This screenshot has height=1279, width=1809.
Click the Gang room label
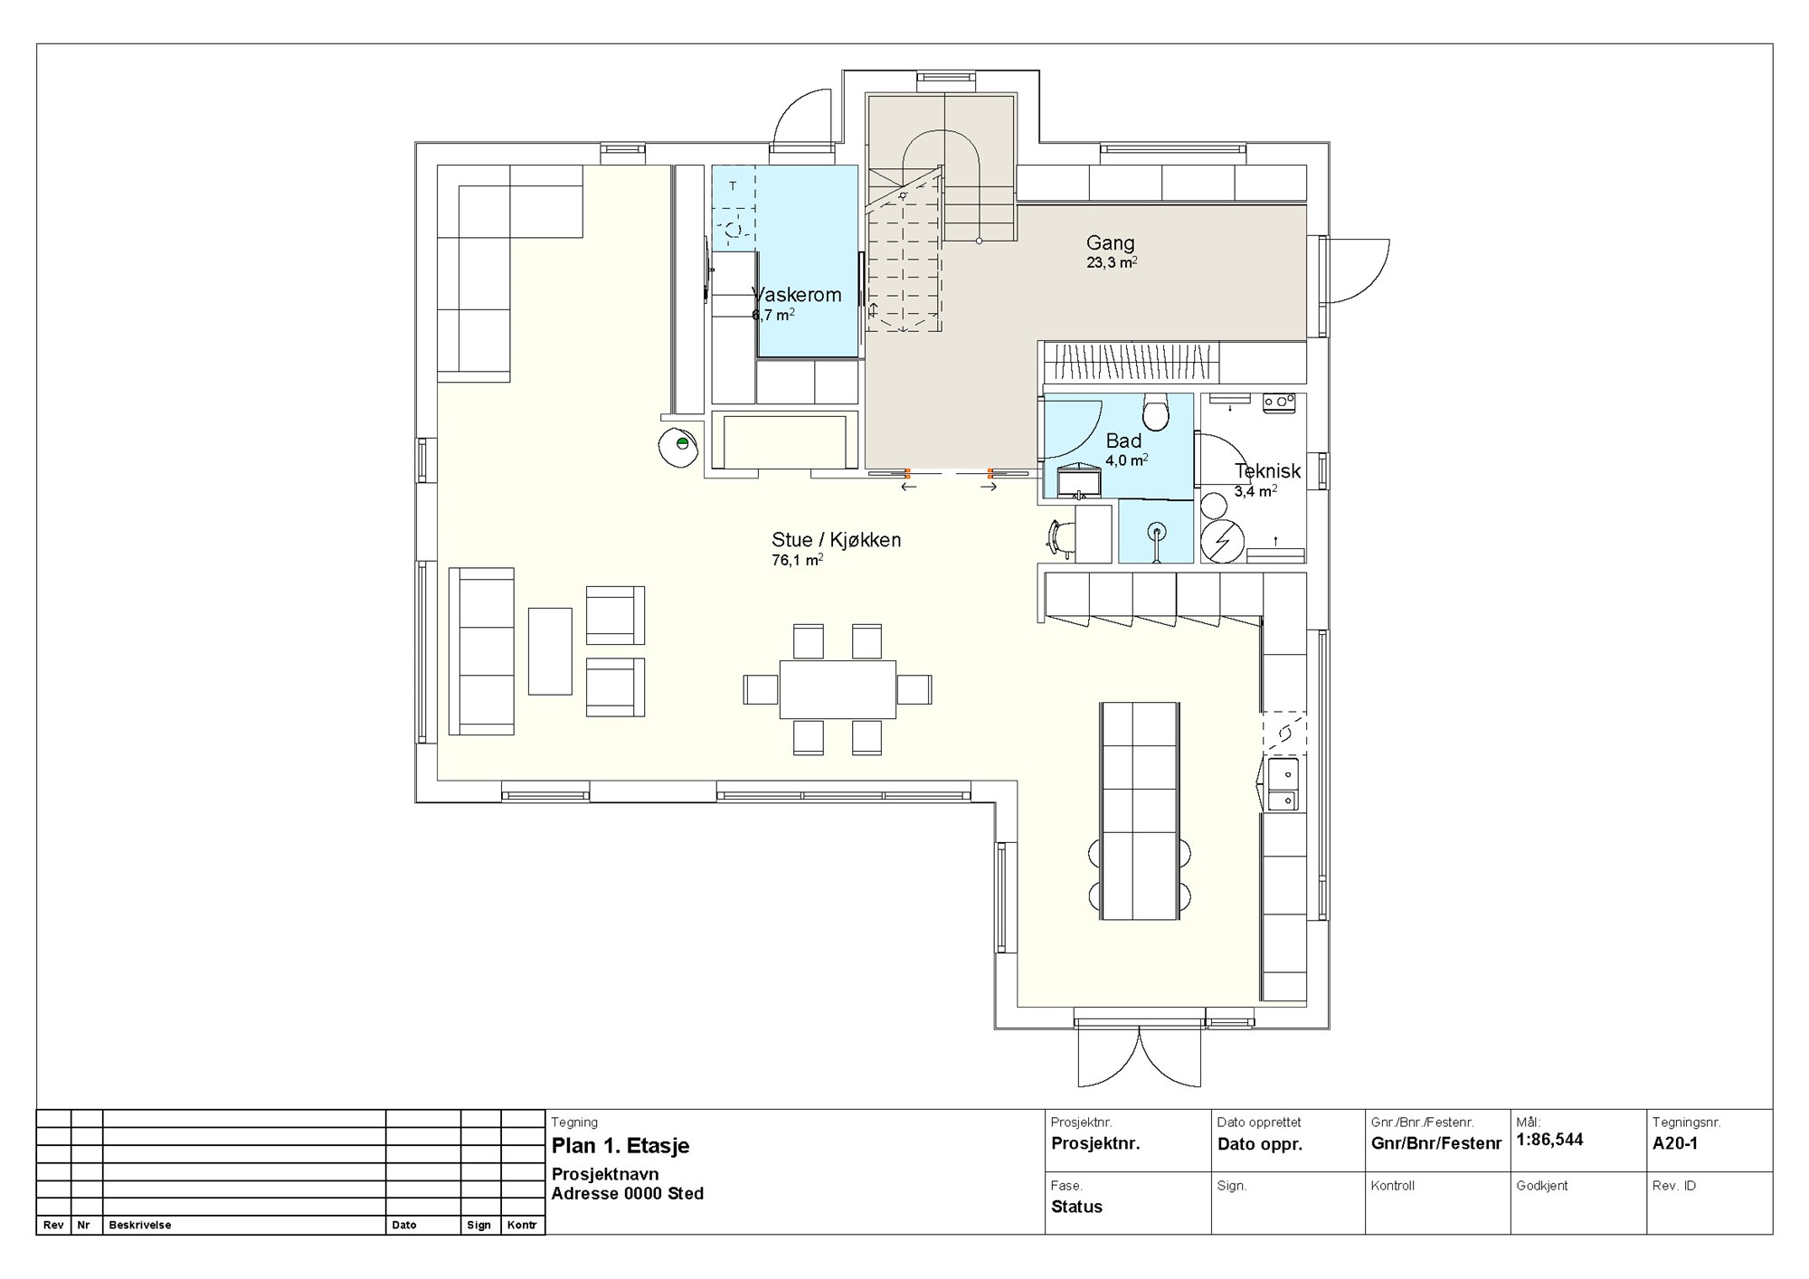(x=1110, y=242)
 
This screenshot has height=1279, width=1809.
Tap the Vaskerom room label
(x=797, y=295)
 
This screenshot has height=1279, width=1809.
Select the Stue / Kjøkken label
(x=836, y=540)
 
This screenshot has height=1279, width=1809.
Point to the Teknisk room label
(x=1267, y=471)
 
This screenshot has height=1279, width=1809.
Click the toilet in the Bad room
(x=1155, y=412)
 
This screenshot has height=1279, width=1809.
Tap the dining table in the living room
(x=838, y=689)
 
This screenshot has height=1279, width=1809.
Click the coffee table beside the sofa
(x=550, y=651)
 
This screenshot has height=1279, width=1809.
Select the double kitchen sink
(x=1283, y=784)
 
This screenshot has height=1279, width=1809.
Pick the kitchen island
(x=1140, y=810)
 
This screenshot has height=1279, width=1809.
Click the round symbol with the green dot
(x=680, y=444)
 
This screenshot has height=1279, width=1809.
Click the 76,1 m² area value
(x=797, y=561)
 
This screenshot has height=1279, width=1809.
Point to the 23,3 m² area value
(x=1112, y=263)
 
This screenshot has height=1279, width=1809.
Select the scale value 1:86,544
(x=1549, y=1141)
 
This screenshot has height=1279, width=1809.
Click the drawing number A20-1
(x=1675, y=1143)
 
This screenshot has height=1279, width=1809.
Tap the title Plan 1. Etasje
(x=620, y=1146)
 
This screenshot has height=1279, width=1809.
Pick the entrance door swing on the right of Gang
(x=1355, y=270)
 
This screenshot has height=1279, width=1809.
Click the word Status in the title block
(x=1076, y=1207)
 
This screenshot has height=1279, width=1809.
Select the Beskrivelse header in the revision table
(x=139, y=1226)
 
